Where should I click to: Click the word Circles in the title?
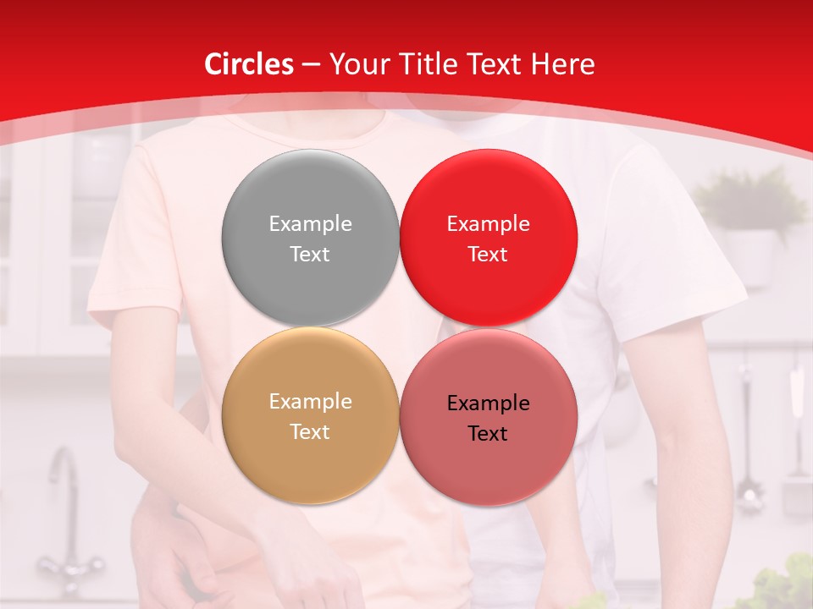[248, 64]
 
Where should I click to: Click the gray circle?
[310, 238]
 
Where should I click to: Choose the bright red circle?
[488, 238]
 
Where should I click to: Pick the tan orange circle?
[310, 416]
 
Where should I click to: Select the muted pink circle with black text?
[488, 417]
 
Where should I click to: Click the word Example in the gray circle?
[310, 223]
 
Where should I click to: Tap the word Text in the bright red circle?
[488, 254]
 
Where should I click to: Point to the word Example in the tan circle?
[310, 402]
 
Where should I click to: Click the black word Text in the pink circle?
[488, 433]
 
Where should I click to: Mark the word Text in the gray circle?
[310, 254]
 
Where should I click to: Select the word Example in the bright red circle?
[488, 223]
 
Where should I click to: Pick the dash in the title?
[310, 65]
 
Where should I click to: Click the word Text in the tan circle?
[310, 431]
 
